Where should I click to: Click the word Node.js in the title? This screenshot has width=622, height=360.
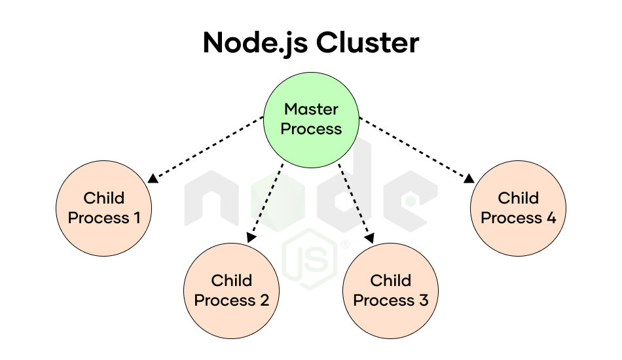255,43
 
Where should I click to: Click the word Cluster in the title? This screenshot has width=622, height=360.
367,42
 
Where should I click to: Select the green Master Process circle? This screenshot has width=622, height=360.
312,120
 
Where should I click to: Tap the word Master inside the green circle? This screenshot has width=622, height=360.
312,109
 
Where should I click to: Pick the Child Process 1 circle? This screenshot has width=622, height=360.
104,208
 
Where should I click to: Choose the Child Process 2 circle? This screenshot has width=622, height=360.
231,291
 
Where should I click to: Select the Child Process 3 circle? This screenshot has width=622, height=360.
391,291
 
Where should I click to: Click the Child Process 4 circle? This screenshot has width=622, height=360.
518,208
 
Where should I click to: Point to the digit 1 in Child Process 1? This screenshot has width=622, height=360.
137,218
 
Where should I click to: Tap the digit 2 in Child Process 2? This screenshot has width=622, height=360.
265,300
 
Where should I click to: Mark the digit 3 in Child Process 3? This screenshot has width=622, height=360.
424,300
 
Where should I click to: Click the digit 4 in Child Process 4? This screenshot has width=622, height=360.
551,218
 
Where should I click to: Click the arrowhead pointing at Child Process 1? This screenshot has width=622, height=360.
153,179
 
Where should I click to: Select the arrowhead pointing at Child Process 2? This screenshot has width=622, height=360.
251,238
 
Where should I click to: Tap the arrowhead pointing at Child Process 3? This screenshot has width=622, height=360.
370,238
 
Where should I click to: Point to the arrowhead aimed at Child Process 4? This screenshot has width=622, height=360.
469,179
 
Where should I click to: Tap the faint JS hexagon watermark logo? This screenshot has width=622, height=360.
310,259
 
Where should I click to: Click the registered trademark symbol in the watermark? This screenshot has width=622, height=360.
345,245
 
